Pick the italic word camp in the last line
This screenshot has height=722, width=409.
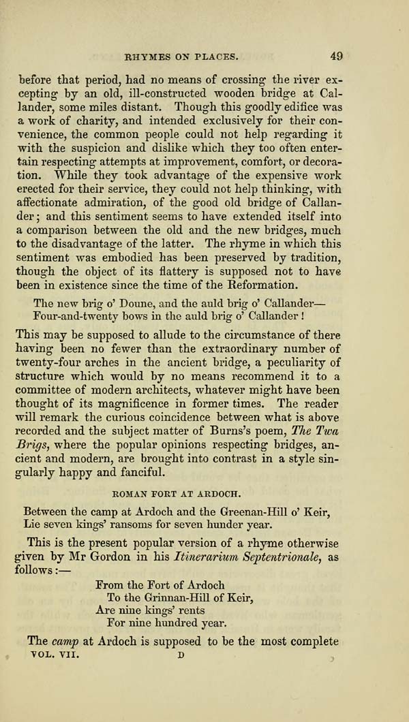coord(64,641)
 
